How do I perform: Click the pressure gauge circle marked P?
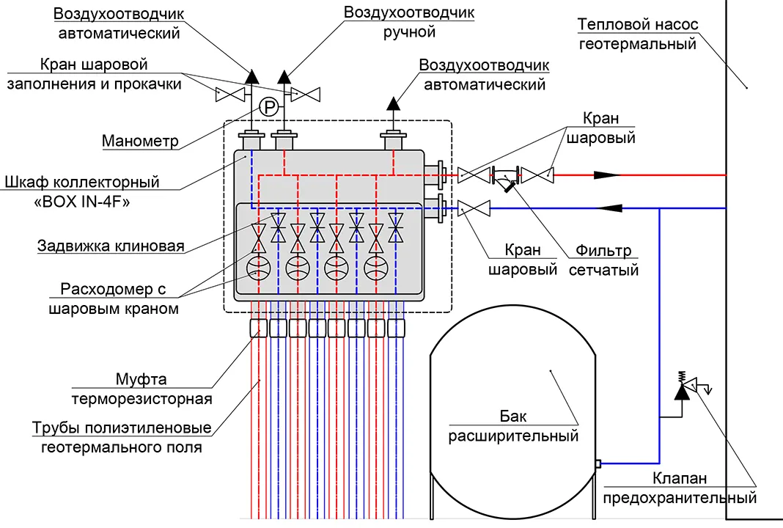point(269,107)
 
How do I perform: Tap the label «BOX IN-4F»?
point(82,202)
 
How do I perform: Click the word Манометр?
point(140,142)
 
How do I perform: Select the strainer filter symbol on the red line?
point(505,178)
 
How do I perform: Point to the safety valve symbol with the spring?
point(689,385)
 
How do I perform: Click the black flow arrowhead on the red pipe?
point(606,175)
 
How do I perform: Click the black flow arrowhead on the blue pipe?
point(610,208)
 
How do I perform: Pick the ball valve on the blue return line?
point(474,208)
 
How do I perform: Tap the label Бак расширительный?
point(513,426)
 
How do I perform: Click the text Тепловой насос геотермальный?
point(638,34)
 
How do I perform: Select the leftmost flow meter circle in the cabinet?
point(259,268)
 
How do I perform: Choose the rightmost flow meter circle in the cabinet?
point(376,268)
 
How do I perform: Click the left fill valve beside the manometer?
point(230,95)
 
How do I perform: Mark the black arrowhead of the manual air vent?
point(284,77)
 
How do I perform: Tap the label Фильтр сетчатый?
point(603,260)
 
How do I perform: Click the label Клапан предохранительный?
point(680,488)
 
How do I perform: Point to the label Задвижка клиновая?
point(111,246)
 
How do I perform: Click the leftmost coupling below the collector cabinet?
point(259,329)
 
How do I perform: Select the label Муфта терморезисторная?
point(141,389)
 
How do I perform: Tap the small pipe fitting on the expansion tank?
point(598,464)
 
